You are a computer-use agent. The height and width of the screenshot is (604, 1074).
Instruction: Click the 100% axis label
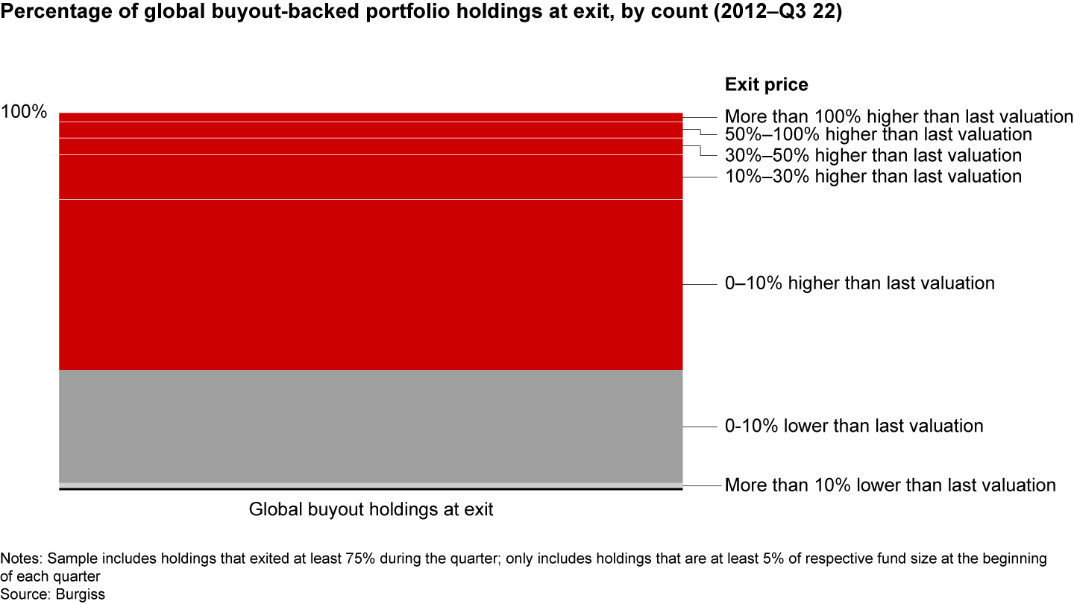(24, 113)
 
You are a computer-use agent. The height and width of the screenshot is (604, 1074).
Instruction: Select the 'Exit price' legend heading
(766, 85)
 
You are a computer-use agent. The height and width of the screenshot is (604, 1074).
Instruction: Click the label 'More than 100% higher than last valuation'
(898, 117)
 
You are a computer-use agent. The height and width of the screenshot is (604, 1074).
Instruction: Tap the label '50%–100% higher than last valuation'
(878, 135)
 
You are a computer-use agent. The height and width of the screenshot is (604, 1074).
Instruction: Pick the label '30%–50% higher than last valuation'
(873, 156)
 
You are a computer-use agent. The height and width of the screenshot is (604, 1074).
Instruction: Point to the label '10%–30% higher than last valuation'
(873, 177)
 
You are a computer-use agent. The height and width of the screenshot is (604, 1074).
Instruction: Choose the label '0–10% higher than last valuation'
(859, 284)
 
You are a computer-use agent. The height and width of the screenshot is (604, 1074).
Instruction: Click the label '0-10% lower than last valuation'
(854, 427)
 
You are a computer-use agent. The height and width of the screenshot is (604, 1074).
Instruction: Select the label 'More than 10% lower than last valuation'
(890, 485)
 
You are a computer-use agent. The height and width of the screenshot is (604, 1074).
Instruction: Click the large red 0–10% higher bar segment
(371, 284)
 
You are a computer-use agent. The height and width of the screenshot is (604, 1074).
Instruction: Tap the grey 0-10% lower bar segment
(371, 426)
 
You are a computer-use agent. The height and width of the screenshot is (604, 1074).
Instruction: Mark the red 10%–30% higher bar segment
(371, 177)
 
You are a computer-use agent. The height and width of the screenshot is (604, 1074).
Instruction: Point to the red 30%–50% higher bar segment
(371, 146)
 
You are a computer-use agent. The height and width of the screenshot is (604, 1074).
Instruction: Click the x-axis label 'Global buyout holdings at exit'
(371, 511)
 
